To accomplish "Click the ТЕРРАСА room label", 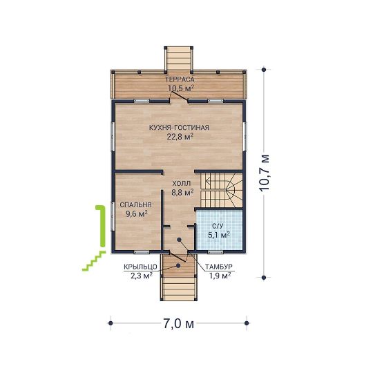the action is (x=180, y=79).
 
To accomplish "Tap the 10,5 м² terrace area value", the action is (x=181, y=88).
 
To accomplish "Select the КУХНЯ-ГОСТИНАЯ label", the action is (x=179, y=128).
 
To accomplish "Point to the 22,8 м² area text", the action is (x=180, y=137).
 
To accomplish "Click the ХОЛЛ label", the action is (x=182, y=184).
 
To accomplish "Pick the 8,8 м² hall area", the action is (x=182, y=192).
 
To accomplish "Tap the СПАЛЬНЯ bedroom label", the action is (x=135, y=205).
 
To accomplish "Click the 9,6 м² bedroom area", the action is (x=137, y=214).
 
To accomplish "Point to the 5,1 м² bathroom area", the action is (x=219, y=235).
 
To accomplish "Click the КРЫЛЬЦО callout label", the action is (x=140, y=267).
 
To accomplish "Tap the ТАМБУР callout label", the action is (x=219, y=267).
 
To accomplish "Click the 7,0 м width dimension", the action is (x=178, y=324).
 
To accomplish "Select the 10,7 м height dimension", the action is (x=265, y=173).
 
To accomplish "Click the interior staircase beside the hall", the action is (x=222, y=190).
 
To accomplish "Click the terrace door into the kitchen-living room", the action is (x=178, y=96).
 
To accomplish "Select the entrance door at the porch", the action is (x=178, y=256).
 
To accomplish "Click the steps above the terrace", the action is (x=179, y=59).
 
